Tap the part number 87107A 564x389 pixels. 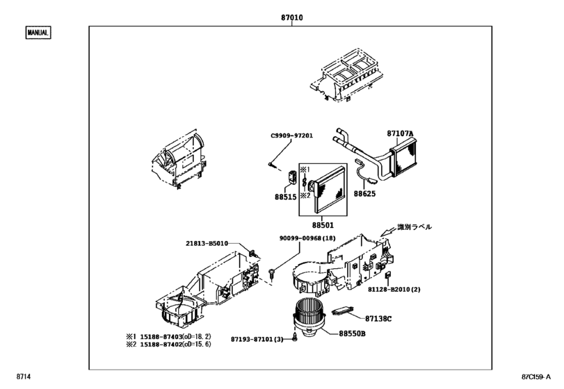pyautogui.click(x=400, y=133)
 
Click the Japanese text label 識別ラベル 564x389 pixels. pyautogui.click(x=414, y=227)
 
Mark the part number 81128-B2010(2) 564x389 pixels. pyautogui.click(x=417, y=290)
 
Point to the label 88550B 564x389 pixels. pyautogui.click(x=353, y=334)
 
